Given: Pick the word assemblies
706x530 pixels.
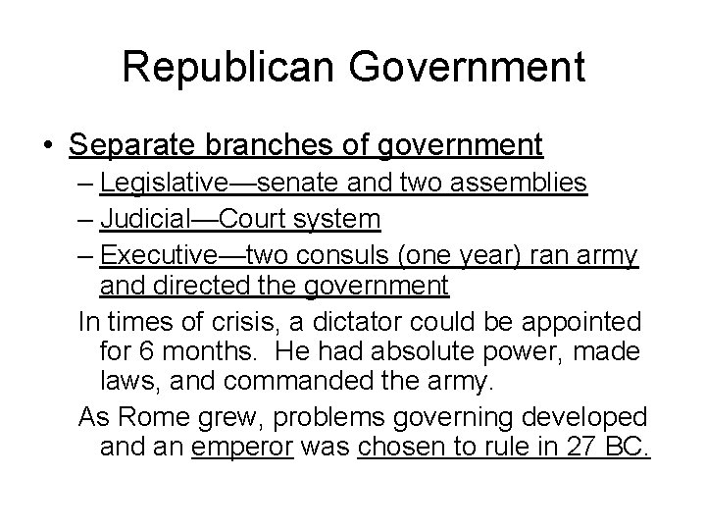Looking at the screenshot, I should click(x=525, y=184).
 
